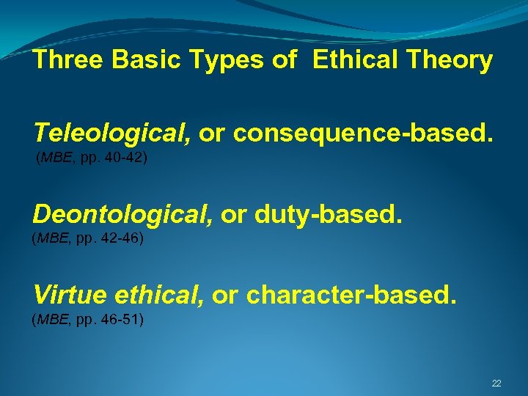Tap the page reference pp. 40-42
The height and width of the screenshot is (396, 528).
click(115, 158)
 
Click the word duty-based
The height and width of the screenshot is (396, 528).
click(329, 214)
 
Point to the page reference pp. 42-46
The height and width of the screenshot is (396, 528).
click(111, 238)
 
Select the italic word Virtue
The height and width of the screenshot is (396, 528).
click(70, 295)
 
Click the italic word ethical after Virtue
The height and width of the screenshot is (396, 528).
click(159, 295)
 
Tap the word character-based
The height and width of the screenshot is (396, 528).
click(351, 295)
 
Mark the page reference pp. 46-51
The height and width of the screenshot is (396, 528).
click(111, 319)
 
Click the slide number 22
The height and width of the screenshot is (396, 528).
click(496, 384)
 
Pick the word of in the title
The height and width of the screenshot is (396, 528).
click(285, 60)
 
